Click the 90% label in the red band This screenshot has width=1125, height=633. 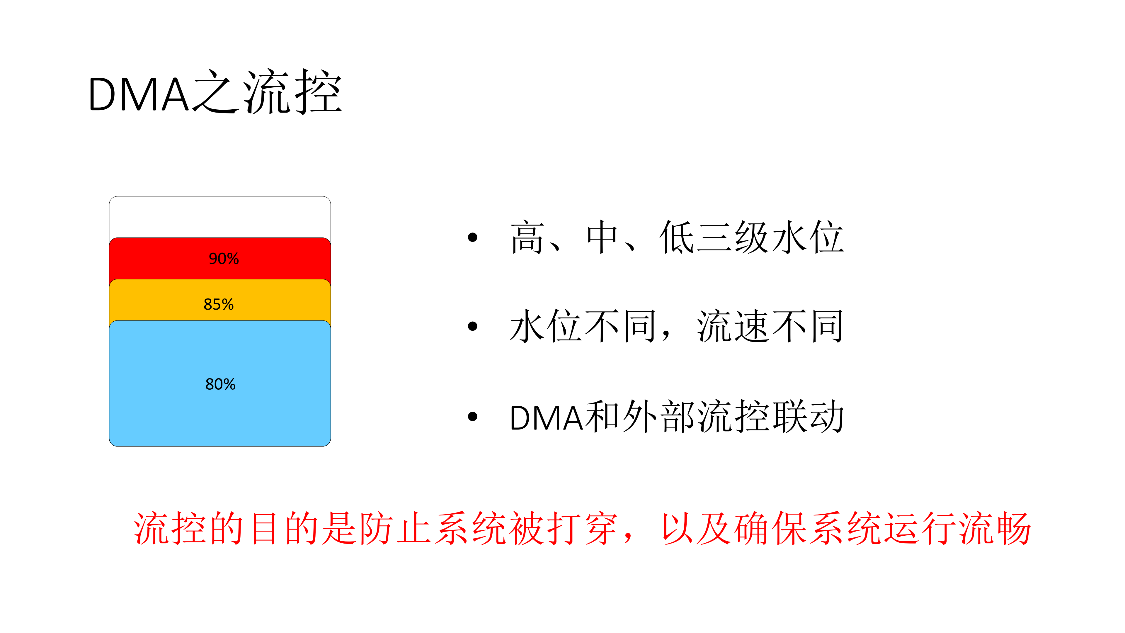224,259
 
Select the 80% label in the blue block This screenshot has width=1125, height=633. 220,384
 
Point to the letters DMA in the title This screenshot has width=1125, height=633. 139,94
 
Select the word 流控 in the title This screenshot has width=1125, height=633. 292,93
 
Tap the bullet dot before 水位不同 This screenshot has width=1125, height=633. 472,326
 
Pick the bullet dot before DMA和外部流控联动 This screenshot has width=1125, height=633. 472,416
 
